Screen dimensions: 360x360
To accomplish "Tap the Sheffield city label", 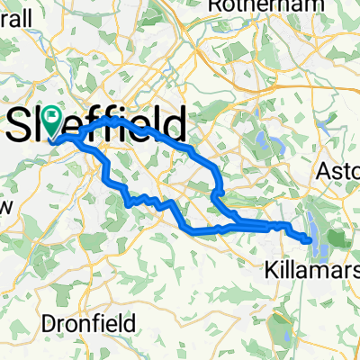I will (99, 124).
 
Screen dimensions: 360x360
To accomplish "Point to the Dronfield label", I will (89, 322).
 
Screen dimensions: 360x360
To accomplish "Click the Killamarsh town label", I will (314, 267).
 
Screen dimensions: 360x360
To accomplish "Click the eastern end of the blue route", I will (310, 240).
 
